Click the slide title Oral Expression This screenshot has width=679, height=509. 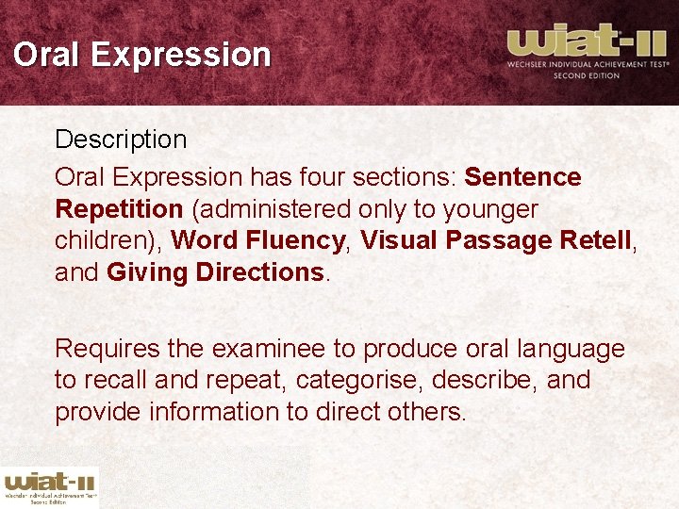point(141,54)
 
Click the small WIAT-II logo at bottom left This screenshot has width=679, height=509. point(49,485)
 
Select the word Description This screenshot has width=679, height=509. point(121,140)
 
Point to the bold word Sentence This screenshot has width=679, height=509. point(523,177)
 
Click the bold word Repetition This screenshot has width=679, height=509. point(119,208)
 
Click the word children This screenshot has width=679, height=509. point(106,240)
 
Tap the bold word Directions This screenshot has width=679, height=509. point(261,272)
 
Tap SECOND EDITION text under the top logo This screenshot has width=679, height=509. point(586,75)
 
